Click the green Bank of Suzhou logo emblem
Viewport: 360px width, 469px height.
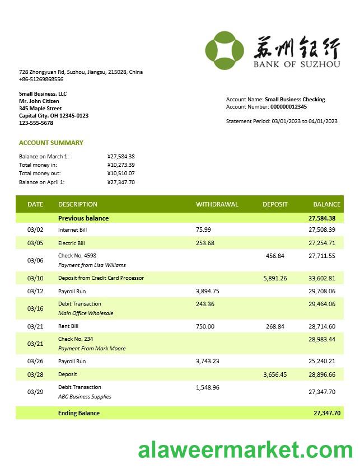click(225, 50)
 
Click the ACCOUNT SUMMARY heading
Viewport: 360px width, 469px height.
click(51, 143)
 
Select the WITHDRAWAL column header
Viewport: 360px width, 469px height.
click(217, 204)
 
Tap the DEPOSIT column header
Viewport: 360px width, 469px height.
click(275, 204)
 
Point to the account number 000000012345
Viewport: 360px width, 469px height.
click(288, 107)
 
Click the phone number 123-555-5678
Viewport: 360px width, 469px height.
click(36, 123)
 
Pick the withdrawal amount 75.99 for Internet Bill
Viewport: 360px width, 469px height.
click(203, 229)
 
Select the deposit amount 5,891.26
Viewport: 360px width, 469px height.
click(275, 278)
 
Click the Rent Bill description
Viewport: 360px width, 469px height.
click(68, 326)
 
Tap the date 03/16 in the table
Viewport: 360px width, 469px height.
click(35, 308)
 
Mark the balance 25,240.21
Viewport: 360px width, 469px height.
click(322, 362)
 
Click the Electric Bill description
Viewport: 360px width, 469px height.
click(72, 243)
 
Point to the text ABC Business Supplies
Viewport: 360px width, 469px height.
click(85, 397)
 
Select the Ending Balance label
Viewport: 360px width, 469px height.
click(79, 413)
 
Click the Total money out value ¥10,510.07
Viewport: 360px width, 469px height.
click(121, 173)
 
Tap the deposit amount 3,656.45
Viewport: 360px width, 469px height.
click(275, 374)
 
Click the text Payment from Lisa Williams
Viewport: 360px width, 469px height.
click(92, 265)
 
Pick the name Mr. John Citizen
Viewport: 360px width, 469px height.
click(39, 101)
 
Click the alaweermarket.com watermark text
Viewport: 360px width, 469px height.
click(246, 451)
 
